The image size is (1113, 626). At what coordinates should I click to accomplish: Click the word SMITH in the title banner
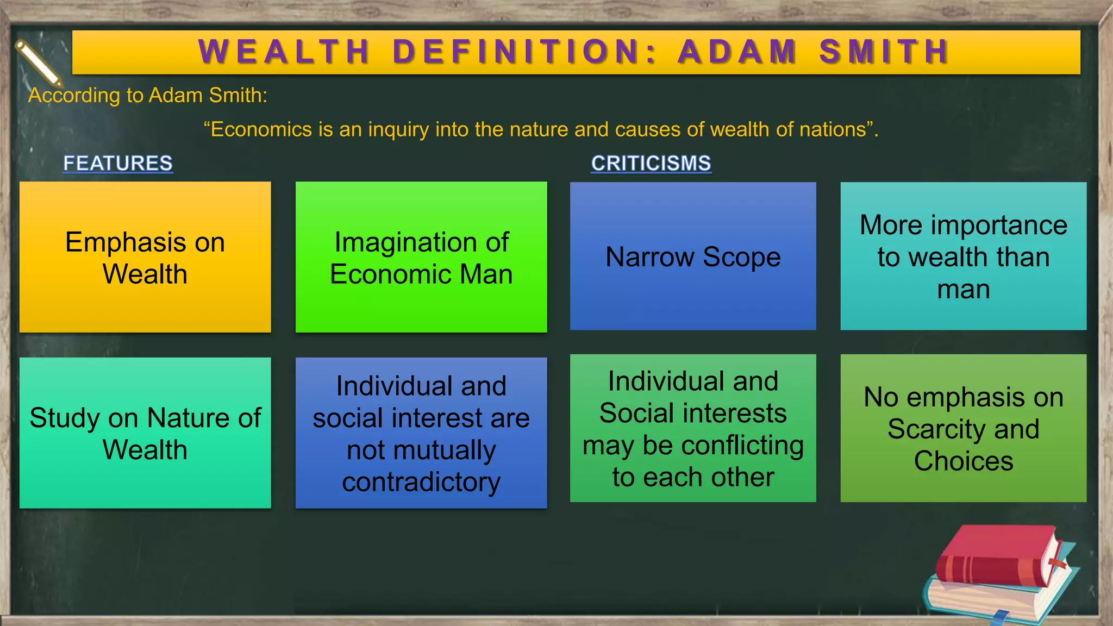(x=884, y=52)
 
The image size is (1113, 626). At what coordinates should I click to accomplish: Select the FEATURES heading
(x=118, y=163)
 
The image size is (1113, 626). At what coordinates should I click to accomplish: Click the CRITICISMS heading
(x=651, y=163)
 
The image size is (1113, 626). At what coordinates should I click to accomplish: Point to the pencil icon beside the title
(x=38, y=63)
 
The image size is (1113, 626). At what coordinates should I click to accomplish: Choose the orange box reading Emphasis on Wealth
(x=145, y=257)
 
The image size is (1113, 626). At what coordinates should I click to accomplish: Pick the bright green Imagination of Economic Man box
(x=421, y=257)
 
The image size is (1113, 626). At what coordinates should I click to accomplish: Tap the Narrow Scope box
(x=693, y=256)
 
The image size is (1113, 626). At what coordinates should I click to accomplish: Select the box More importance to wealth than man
(x=964, y=256)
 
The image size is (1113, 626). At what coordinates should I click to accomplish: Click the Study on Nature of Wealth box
(x=145, y=433)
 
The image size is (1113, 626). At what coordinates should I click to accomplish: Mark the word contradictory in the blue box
(x=421, y=482)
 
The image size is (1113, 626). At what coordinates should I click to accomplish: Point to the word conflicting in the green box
(x=742, y=446)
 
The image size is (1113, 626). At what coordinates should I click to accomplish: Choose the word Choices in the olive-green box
(x=964, y=461)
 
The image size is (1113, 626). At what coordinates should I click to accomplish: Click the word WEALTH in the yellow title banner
(x=284, y=52)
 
